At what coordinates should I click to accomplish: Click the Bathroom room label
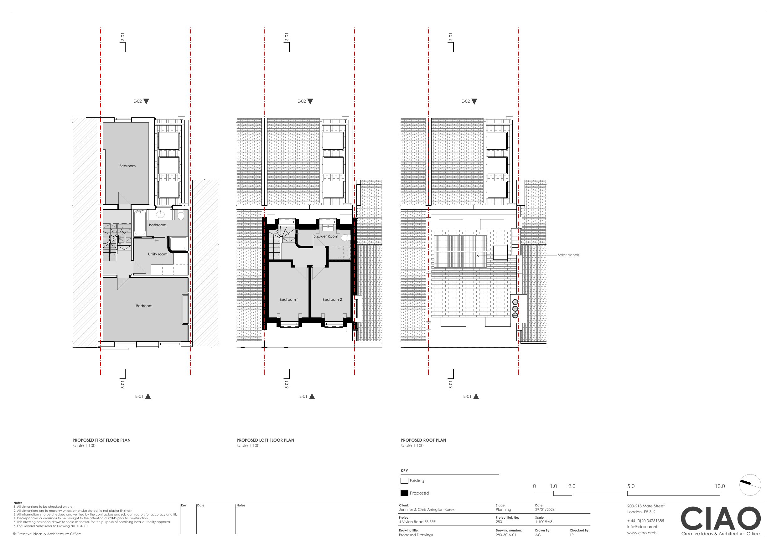pyautogui.click(x=158, y=225)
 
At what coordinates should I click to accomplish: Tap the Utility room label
pyautogui.click(x=158, y=254)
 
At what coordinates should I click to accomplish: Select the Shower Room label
pyautogui.click(x=326, y=236)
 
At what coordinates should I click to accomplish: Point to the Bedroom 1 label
pyautogui.click(x=289, y=299)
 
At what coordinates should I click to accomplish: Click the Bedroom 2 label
pyautogui.click(x=332, y=299)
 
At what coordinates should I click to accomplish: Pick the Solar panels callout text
pyautogui.click(x=568, y=255)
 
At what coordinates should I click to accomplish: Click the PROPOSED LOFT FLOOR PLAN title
pyautogui.click(x=265, y=440)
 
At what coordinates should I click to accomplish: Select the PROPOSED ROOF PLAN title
pyautogui.click(x=423, y=440)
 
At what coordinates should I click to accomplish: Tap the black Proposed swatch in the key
pyautogui.click(x=404, y=493)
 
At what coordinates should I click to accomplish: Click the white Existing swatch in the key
pyautogui.click(x=404, y=481)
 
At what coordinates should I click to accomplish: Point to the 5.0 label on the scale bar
pyautogui.click(x=631, y=486)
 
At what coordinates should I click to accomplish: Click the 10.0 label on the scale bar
pyautogui.click(x=720, y=486)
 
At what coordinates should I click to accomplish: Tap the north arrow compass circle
pyautogui.click(x=750, y=475)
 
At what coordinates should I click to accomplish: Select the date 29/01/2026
pyautogui.click(x=545, y=510)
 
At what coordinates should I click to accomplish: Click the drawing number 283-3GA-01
pyautogui.click(x=506, y=535)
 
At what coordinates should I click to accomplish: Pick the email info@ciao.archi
pyautogui.click(x=642, y=526)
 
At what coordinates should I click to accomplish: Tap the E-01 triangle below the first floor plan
pyautogui.click(x=148, y=397)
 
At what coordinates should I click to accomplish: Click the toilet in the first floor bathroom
pyautogui.click(x=181, y=215)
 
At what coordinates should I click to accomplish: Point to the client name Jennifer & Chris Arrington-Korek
pyautogui.click(x=427, y=510)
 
